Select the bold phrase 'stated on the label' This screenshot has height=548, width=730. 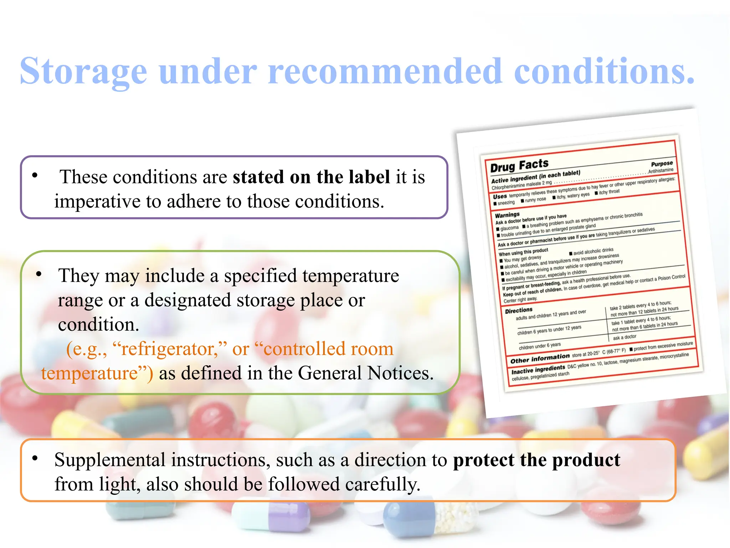[x=311, y=177]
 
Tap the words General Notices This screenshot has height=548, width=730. [x=365, y=373]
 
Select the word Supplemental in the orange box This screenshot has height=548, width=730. [x=110, y=460]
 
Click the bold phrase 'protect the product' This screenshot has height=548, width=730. [x=536, y=460]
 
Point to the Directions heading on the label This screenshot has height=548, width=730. [x=519, y=310]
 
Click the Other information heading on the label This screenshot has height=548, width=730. [x=540, y=359]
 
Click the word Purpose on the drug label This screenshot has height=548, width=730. [x=662, y=164]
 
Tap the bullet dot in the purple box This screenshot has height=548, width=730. [x=35, y=175]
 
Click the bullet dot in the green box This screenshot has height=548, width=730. [x=39, y=274]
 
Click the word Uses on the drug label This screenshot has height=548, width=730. [x=500, y=197]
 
